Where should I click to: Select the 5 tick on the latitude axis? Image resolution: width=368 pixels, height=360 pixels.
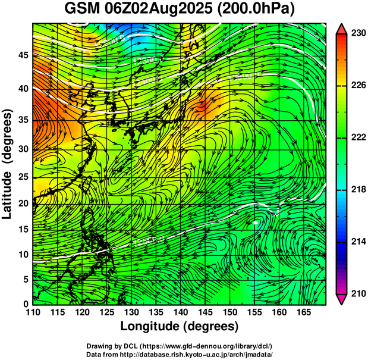point(26,279)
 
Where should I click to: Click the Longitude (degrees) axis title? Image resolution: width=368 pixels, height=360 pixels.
point(180,327)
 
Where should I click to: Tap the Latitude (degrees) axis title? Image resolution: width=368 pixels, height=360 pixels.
point(8,163)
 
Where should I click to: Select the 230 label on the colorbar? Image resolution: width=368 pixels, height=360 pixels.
point(357,34)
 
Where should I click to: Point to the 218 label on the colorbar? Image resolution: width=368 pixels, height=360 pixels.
point(357,190)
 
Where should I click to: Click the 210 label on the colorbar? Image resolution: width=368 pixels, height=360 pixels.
point(357,293)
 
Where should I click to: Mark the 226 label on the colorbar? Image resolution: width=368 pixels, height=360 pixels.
point(357,86)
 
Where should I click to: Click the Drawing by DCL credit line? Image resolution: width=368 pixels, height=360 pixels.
point(180,346)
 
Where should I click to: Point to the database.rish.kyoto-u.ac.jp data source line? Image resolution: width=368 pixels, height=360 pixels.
point(180,354)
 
